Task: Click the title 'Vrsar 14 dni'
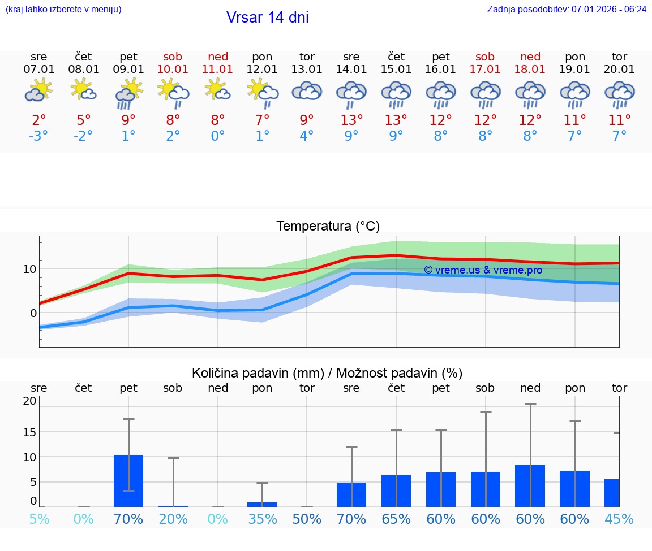tap(267, 18)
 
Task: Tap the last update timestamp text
tap(567, 9)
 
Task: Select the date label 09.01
tap(128, 70)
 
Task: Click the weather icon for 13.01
tap(307, 92)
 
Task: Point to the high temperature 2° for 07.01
tap(39, 120)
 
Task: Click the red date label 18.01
tap(530, 70)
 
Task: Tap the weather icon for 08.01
tap(84, 90)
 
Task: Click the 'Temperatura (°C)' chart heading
tap(328, 227)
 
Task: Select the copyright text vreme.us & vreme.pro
tap(483, 270)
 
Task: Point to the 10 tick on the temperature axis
tap(30, 268)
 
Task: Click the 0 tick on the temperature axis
tap(33, 313)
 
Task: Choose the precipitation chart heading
tap(327, 373)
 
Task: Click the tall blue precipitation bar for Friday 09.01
tap(128, 481)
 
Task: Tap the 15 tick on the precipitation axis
tap(29, 432)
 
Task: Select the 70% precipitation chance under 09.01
tap(128, 519)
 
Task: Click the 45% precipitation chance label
tap(619, 519)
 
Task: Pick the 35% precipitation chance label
tap(262, 519)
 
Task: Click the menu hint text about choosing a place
tap(63, 9)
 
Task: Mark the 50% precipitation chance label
tap(307, 519)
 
